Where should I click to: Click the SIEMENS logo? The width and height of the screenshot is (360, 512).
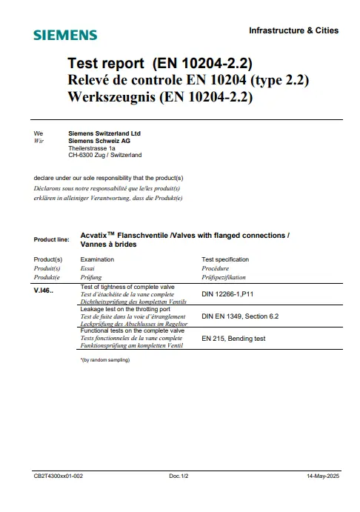[x=65, y=35]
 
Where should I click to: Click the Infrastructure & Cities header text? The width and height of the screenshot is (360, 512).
[x=293, y=30]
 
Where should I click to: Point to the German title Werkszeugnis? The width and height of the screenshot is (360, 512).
[x=160, y=97]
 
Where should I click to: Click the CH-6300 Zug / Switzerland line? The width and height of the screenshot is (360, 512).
[x=104, y=155]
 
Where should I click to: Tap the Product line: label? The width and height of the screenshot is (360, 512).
[x=52, y=240]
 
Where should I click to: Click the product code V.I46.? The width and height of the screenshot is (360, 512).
[x=45, y=290]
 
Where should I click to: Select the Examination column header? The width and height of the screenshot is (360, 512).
[x=96, y=259]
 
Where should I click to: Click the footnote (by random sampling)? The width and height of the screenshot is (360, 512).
[x=104, y=359]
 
